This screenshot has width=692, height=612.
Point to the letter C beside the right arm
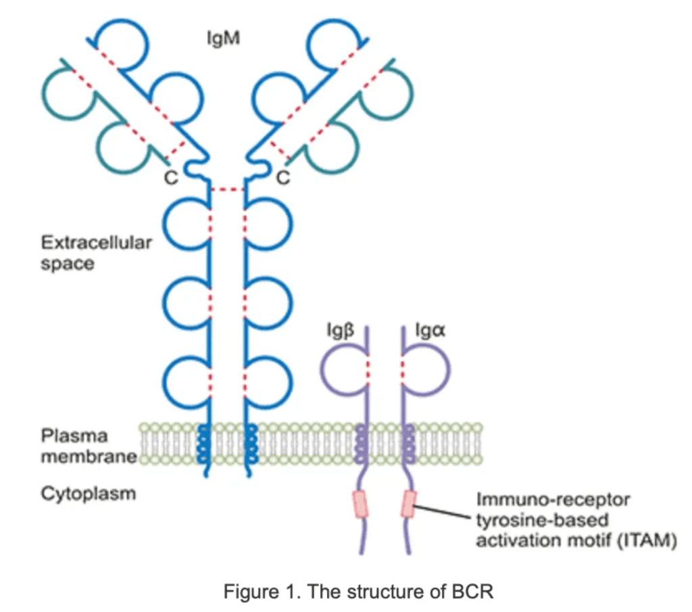(285, 178)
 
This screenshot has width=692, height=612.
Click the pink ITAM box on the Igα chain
(408, 504)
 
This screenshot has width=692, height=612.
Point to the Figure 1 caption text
(359, 592)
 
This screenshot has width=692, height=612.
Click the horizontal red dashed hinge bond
(227, 190)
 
